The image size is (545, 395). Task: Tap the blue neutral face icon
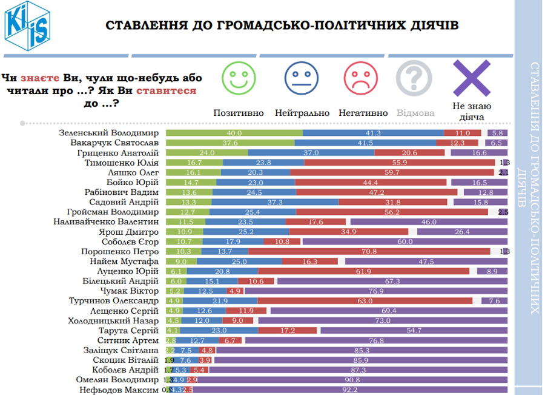pyautogui.click(x=301, y=77)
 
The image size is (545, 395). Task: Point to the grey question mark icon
pyautogui.click(x=414, y=77)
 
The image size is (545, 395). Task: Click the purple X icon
pyautogui.click(x=472, y=77)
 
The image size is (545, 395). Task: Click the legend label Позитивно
pyautogui.click(x=239, y=113)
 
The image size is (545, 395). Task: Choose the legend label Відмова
pyautogui.click(x=415, y=113)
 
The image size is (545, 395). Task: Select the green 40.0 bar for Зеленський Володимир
pyautogui.click(x=234, y=133)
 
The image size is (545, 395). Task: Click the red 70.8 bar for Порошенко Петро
pyautogui.click(x=369, y=251)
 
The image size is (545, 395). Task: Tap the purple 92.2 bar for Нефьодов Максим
pyautogui.click(x=350, y=390)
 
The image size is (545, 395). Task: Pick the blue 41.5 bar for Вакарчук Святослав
pyautogui.click(x=365, y=143)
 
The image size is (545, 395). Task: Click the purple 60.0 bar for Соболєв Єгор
pyautogui.click(x=405, y=241)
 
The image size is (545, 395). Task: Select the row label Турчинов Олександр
pyautogui.click(x=115, y=300)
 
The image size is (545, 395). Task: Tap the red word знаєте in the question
pyautogui.click(x=40, y=78)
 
